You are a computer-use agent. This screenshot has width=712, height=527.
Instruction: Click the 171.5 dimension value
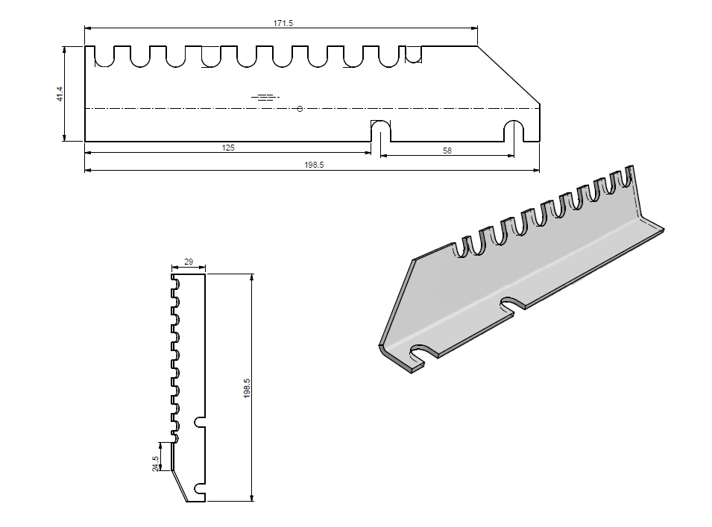pos(283,24)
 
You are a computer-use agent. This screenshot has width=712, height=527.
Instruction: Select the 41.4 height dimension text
pos(60,94)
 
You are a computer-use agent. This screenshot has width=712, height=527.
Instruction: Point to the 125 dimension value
pos(228,148)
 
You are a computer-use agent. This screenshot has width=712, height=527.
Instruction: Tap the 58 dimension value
pos(447,151)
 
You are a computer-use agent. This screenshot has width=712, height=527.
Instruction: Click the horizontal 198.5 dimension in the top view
pos(314,165)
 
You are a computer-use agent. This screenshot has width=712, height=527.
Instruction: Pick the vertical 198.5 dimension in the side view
pos(247,388)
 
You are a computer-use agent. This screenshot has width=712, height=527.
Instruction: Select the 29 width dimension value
pos(188,262)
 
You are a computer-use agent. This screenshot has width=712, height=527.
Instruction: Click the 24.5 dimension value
pos(155,463)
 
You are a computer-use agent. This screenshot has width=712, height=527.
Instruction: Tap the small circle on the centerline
pos(300,109)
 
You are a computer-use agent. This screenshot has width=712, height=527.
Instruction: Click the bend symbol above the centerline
pos(266,97)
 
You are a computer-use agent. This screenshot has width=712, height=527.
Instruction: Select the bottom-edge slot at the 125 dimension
pos(380,131)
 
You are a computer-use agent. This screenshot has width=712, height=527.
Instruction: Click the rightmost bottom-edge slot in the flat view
pos(514,131)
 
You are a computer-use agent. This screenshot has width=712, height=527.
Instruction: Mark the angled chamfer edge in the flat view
pos(508,75)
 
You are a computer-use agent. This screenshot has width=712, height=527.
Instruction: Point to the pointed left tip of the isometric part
pos(382,347)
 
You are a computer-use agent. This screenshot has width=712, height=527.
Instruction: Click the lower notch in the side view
pos(199,488)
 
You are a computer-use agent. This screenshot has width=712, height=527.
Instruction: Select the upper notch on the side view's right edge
pos(199,421)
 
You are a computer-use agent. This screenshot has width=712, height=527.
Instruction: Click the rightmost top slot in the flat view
pos(413,54)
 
